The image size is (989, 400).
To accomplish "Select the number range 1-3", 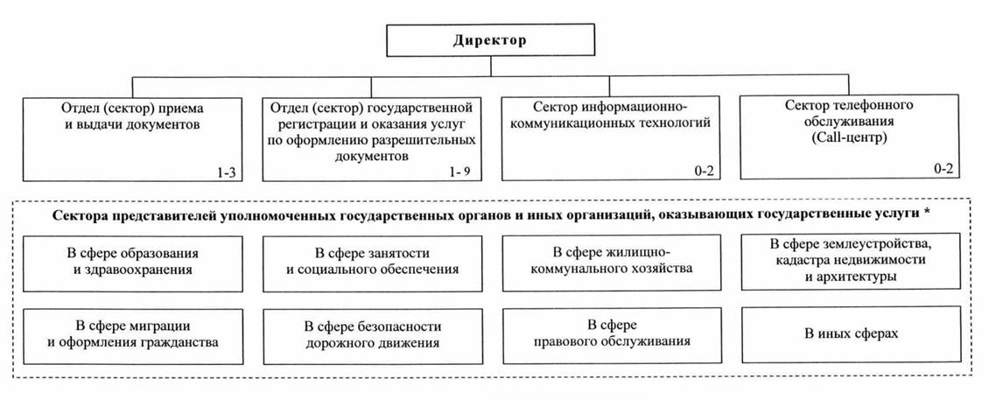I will [x=226, y=172].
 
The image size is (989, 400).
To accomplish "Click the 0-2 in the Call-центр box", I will [x=944, y=170].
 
